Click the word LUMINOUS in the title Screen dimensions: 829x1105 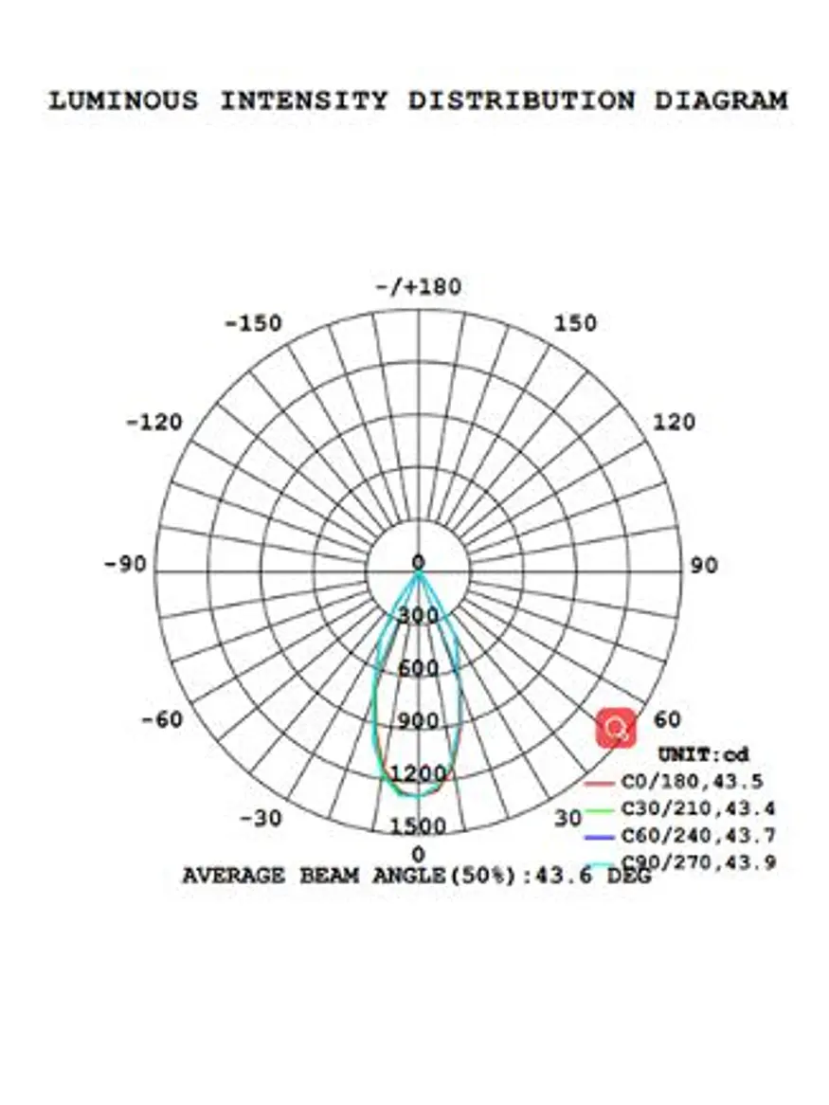[x=123, y=100]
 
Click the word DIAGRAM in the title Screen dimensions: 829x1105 [x=721, y=100]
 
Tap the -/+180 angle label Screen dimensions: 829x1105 [x=419, y=287]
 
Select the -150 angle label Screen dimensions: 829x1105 [x=254, y=323]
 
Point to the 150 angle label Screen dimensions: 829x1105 [x=575, y=323]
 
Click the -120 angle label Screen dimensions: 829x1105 [x=154, y=422]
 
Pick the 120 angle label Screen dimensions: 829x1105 [x=674, y=422]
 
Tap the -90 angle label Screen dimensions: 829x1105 [x=125, y=565]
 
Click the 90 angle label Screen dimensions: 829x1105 [x=704, y=565]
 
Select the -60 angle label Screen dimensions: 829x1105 [x=162, y=719]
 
